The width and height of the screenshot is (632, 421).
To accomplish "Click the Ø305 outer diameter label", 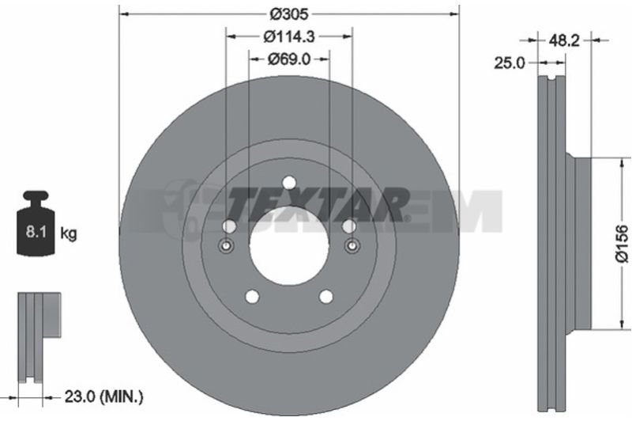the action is click(x=288, y=14).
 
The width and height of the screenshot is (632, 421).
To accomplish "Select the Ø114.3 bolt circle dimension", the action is click(x=288, y=36).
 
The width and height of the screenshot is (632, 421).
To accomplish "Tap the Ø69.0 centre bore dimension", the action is click(x=288, y=59).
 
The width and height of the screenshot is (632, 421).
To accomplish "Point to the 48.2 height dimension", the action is click(x=564, y=40).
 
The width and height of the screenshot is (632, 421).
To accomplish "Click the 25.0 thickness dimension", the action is click(x=510, y=63).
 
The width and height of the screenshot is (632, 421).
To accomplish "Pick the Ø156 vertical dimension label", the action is click(x=622, y=244).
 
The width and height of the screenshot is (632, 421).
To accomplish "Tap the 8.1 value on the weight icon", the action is click(x=36, y=232).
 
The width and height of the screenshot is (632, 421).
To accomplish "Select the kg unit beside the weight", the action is click(x=69, y=233).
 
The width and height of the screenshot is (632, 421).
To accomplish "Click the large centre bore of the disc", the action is click(x=289, y=245).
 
